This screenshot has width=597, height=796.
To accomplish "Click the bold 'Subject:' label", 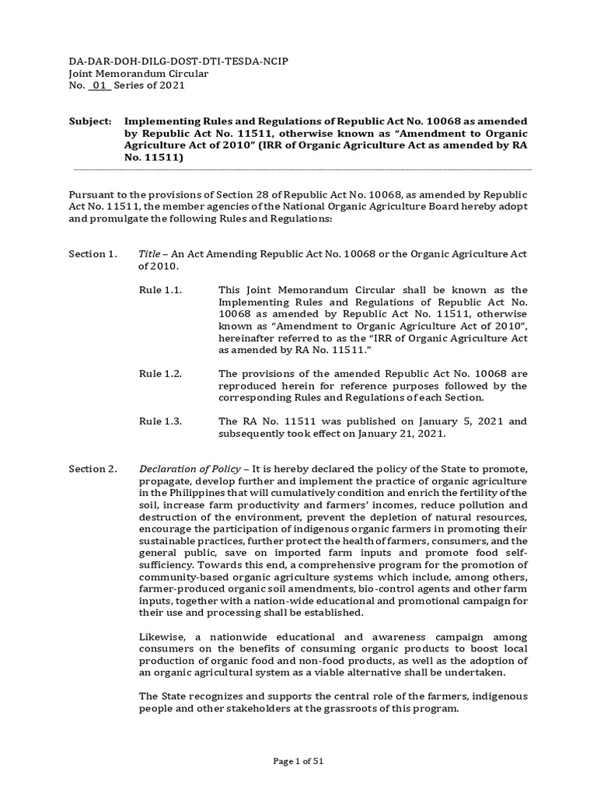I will click(x=91, y=122).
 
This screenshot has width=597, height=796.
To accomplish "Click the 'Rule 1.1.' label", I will click(x=160, y=290).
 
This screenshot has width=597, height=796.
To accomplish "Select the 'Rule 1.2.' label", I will click(x=160, y=374).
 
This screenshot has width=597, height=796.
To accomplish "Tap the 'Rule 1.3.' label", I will click(x=160, y=421).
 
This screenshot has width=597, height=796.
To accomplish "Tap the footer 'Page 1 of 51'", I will click(x=298, y=761).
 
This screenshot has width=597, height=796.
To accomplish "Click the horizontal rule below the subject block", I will click(x=302, y=169).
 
